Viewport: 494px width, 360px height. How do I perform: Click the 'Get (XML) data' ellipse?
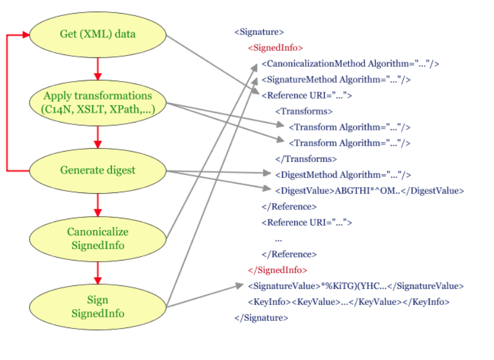[x=98, y=34]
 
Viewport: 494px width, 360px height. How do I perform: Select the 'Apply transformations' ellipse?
[x=98, y=102]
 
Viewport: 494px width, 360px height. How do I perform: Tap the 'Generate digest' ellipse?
[x=98, y=171]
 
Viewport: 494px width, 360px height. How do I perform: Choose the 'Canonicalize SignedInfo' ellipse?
[x=98, y=239]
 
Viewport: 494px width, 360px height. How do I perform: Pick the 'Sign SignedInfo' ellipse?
[x=98, y=307]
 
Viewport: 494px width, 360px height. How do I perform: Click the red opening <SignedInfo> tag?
[x=275, y=48]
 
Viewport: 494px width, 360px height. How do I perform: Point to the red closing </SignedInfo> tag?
[x=277, y=270]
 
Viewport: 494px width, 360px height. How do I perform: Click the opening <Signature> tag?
[x=259, y=32]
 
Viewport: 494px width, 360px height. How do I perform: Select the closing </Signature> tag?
[x=261, y=318]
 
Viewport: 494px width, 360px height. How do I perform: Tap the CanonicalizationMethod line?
[x=350, y=64]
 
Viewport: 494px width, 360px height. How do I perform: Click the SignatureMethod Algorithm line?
[x=336, y=80]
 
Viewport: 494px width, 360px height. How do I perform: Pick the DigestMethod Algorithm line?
[x=343, y=175]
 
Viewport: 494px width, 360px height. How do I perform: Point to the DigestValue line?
[x=370, y=191]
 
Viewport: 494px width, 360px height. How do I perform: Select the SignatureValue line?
[x=356, y=286]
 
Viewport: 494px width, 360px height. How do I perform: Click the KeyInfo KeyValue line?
[x=349, y=302]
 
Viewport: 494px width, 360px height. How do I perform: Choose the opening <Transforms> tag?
[x=304, y=111]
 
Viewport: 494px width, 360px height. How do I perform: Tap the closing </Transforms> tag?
[x=306, y=159]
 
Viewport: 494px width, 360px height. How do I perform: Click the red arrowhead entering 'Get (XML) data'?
[x=26, y=35]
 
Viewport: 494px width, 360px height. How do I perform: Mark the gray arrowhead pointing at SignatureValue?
[x=240, y=285]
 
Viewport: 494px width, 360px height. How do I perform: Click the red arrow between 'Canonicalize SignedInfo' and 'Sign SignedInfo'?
[x=98, y=273]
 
